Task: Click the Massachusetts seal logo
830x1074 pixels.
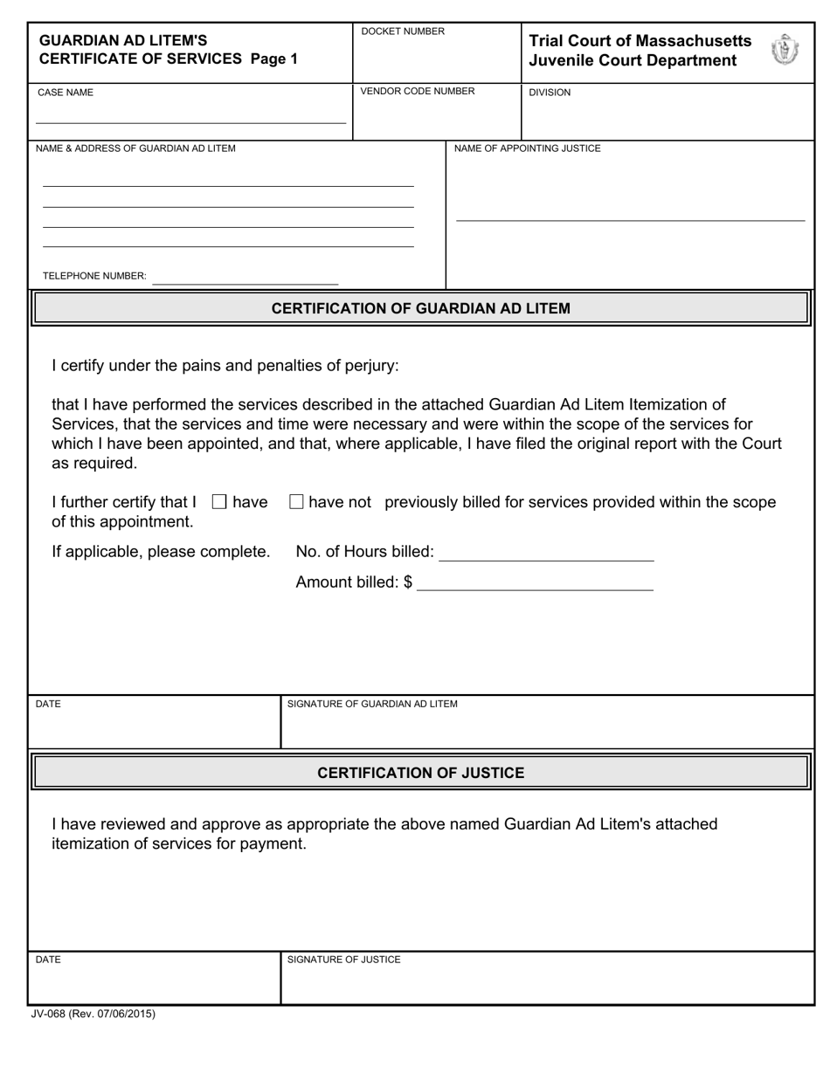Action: (x=785, y=50)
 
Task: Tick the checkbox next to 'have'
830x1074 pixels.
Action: (x=219, y=502)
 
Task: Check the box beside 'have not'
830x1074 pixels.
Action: (x=296, y=502)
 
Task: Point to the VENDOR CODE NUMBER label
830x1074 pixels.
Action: (x=418, y=92)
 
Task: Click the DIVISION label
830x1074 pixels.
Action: (x=550, y=93)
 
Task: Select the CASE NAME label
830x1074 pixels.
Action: (x=65, y=93)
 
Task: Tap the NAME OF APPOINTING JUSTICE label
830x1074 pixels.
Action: (x=528, y=148)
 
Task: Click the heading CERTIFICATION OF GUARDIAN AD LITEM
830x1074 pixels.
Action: (x=420, y=308)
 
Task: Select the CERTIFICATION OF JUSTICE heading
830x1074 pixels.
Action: (x=420, y=773)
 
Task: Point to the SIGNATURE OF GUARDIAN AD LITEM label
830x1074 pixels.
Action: (x=372, y=704)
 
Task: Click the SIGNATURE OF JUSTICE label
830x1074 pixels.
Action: (x=344, y=960)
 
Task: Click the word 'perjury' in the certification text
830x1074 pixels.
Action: (x=370, y=365)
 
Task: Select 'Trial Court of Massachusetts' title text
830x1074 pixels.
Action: (x=640, y=41)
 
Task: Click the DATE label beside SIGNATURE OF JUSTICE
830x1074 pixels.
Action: (x=48, y=960)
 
